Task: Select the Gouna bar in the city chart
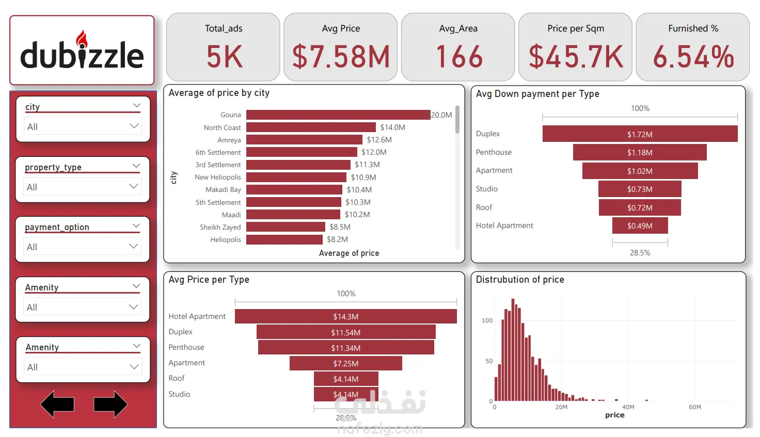pos(338,115)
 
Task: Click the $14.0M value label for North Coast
pos(392,127)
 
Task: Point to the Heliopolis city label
pos(226,239)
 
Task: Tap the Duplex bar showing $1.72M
pos(640,134)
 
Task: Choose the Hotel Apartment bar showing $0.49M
pos(640,226)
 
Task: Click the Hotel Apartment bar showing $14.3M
pos(345,316)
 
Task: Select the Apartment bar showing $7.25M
pos(345,363)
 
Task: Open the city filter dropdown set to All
pos(83,126)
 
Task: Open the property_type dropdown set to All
pos(83,187)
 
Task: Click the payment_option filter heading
pos(57,227)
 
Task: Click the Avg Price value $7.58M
pos(341,57)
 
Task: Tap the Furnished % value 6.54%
pos(693,57)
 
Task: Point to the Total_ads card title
pos(224,28)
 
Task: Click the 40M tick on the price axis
pos(628,407)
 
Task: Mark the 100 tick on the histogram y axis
pos(487,320)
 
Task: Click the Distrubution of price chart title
pos(520,280)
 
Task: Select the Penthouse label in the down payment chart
pos(494,152)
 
